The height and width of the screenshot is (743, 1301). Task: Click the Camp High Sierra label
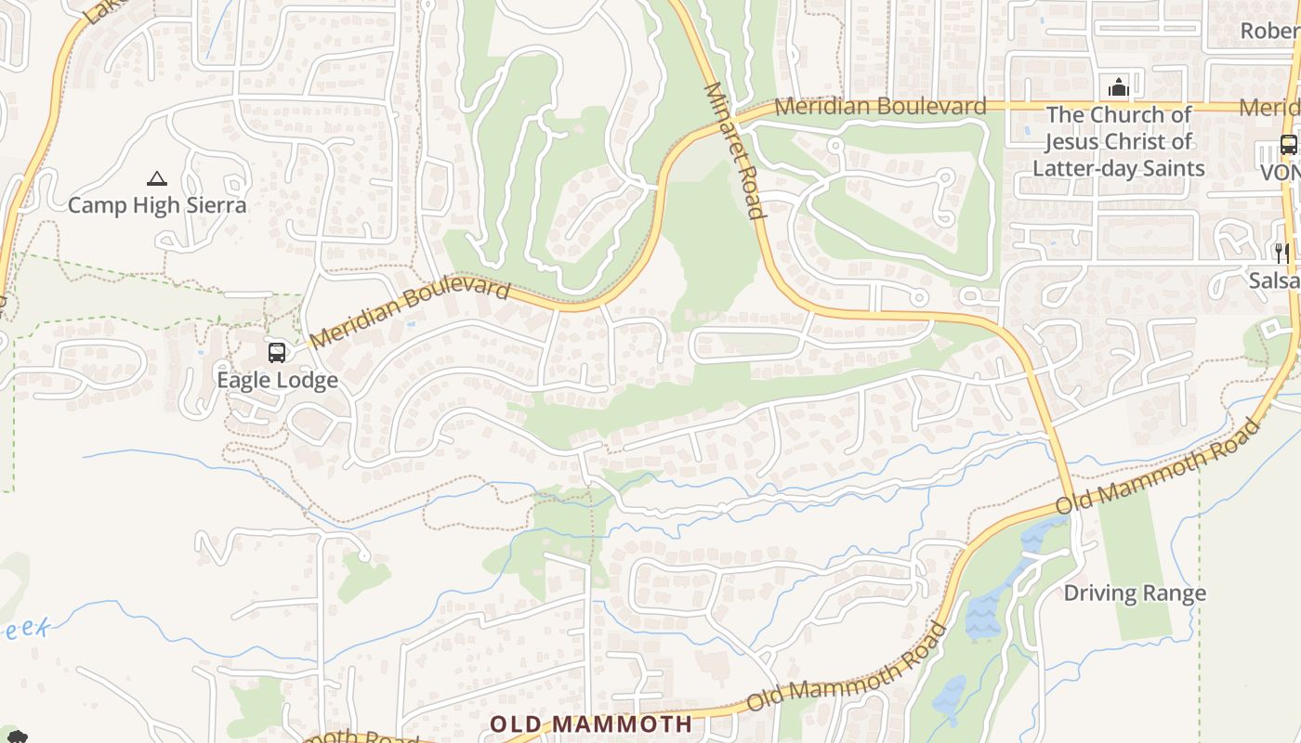[x=157, y=205]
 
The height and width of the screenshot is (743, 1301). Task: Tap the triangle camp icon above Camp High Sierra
[x=157, y=178]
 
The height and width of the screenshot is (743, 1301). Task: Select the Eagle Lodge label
[x=277, y=380]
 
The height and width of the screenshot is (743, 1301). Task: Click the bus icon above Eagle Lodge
[x=277, y=353]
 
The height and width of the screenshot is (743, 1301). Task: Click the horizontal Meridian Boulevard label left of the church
[x=880, y=107]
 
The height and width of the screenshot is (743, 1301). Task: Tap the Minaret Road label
[x=736, y=150]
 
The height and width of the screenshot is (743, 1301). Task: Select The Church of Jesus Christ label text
[x=1119, y=141]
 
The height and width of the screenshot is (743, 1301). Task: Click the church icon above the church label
[x=1118, y=88]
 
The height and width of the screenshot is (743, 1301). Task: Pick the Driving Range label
[x=1135, y=593]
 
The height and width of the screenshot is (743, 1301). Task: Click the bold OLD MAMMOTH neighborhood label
[x=591, y=723]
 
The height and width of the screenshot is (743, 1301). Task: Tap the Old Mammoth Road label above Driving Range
[x=1159, y=466]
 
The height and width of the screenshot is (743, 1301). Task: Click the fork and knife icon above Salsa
[x=1281, y=253]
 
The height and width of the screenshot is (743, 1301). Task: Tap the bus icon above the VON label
[x=1288, y=145]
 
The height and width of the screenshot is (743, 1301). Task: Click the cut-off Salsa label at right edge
[x=1274, y=280]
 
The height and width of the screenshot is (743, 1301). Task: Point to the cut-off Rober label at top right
[x=1270, y=31]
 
